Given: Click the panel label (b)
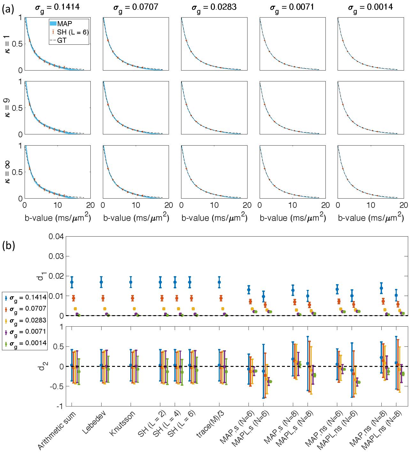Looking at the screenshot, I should [x=9, y=246].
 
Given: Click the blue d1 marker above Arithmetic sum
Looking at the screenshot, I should [x=72, y=282].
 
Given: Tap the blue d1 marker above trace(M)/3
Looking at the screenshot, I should [x=219, y=282].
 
